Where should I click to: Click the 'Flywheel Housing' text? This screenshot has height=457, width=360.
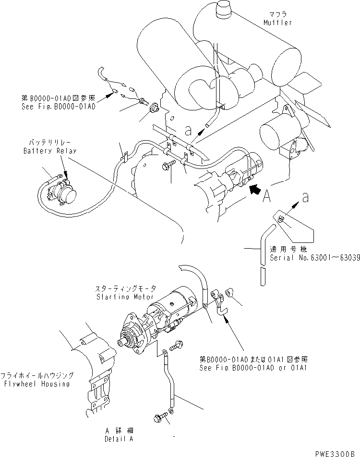[37, 384]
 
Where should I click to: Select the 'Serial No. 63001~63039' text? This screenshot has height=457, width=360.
[314, 257]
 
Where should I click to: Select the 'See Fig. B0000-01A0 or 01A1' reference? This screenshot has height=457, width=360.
[253, 368]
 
